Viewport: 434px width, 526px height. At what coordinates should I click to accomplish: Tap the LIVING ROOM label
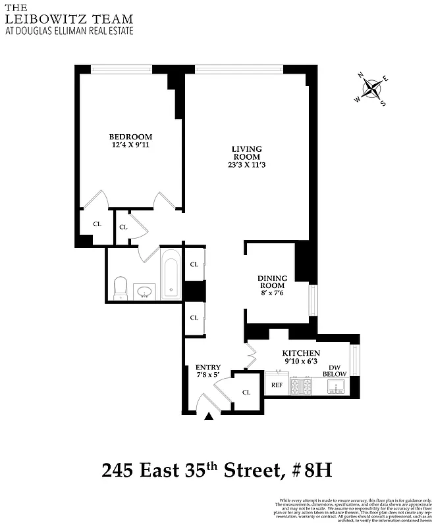(x=246, y=153)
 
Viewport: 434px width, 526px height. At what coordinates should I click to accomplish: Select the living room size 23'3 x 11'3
(x=246, y=165)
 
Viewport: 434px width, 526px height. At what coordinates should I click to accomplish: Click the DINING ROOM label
(x=271, y=281)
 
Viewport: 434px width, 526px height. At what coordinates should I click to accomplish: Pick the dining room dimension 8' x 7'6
(x=271, y=293)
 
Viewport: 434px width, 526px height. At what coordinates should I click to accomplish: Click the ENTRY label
(x=208, y=367)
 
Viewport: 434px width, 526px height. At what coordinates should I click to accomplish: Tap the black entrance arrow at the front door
(x=209, y=416)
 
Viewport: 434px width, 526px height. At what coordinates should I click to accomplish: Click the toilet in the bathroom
(x=120, y=287)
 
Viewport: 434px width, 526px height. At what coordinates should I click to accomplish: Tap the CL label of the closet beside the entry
(x=246, y=392)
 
